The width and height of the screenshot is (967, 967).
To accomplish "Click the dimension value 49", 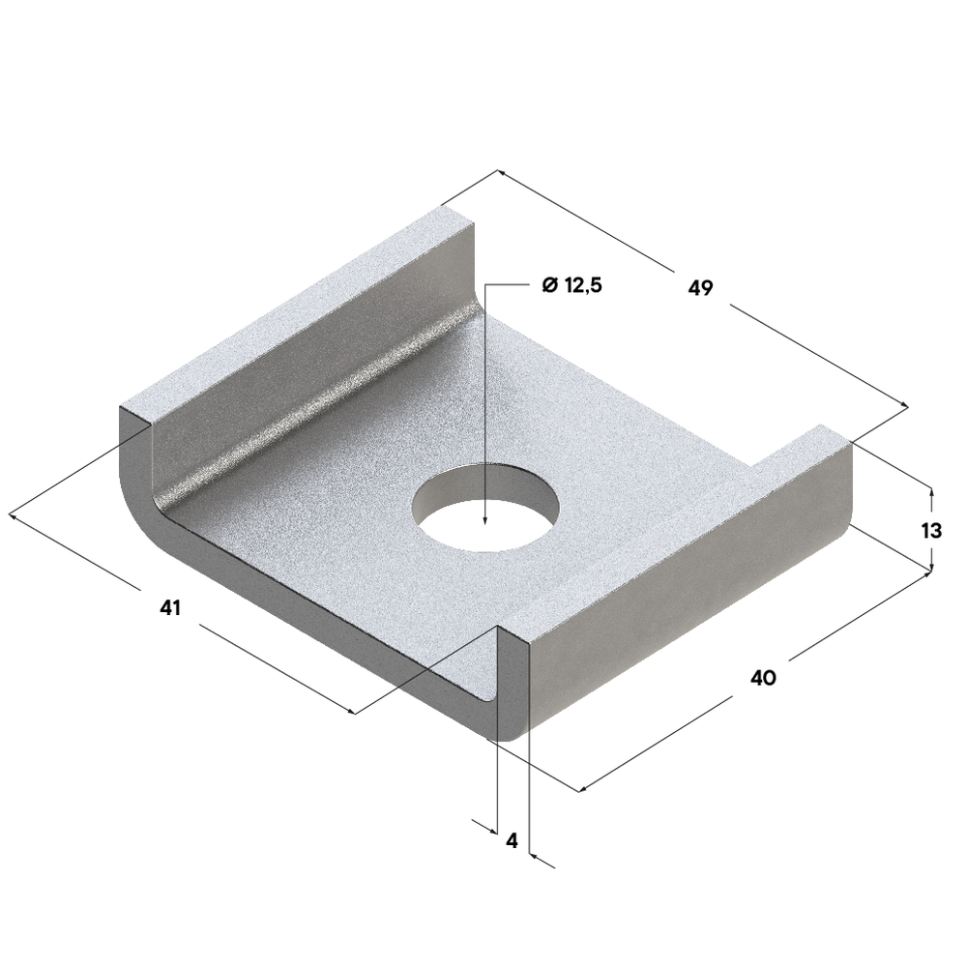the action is tap(700, 287).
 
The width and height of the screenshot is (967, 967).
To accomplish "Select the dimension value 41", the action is tap(170, 607).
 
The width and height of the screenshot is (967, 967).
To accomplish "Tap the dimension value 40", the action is tap(764, 678).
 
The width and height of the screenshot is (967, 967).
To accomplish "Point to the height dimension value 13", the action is tap(931, 530).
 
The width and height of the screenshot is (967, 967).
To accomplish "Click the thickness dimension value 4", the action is tap(512, 840).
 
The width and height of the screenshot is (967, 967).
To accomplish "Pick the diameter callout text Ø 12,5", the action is tap(571, 285).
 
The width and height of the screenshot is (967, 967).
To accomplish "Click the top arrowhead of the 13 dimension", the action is tap(931, 493).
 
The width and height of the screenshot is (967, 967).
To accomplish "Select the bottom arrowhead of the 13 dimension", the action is tap(931, 566).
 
